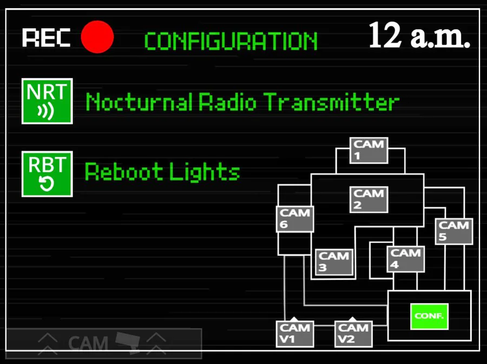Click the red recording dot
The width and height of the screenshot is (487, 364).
(x=97, y=37)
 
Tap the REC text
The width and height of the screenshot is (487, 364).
(x=47, y=38)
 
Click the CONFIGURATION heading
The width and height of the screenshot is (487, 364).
(x=231, y=42)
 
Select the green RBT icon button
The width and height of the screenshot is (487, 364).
(x=47, y=174)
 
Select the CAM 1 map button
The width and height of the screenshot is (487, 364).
(x=369, y=151)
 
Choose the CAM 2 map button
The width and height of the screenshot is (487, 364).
(x=369, y=199)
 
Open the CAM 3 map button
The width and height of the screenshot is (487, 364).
(x=334, y=262)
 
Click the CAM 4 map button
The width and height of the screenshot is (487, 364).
(x=406, y=259)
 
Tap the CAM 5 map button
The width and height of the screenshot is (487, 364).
(x=454, y=231)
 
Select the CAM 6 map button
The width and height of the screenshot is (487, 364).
(x=295, y=219)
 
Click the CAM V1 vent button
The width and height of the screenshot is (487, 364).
(x=295, y=333)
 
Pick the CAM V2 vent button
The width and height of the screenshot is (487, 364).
(x=353, y=333)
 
